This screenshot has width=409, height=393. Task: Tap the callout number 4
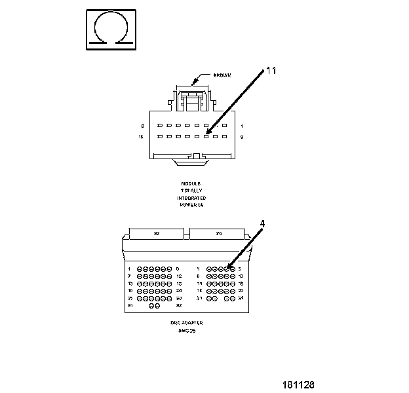[x=262, y=223]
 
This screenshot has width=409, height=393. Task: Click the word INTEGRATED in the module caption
[x=191, y=198]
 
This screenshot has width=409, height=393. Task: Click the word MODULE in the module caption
[x=191, y=183]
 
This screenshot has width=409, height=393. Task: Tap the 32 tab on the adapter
[x=157, y=233]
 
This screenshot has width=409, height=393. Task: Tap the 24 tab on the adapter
[x=218, y=233]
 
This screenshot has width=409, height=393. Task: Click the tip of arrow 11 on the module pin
[x=207, y=136]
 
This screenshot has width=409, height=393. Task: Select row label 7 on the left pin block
[x=130, y=276]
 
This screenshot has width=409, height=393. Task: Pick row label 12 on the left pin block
[x=178, y=276]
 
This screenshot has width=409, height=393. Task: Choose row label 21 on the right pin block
[x=200, y=298]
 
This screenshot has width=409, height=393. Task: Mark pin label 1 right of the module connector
[x=242, y=125]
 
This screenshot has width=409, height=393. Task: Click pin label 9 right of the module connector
[x=242, y=137]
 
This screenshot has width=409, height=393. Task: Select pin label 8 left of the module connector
[x=142, y=125]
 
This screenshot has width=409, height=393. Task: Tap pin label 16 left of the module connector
[x=141, y=137]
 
